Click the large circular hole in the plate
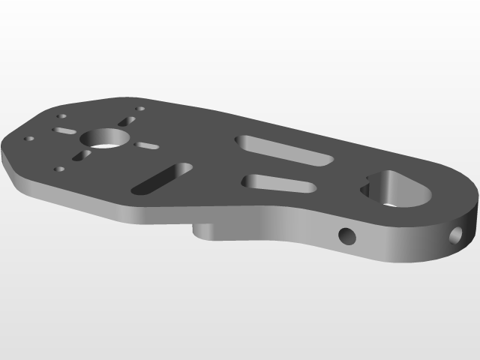pos(106,138)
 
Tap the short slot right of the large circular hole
pos(146,144)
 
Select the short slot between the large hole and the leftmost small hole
pos(64,131)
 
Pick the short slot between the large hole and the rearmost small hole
pos(126,121)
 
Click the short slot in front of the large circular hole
pos(81,156)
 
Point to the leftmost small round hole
pos(29,139)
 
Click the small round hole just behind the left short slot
pos(62,118)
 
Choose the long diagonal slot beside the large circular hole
pos(161,178)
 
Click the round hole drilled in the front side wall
pos(347,236)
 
